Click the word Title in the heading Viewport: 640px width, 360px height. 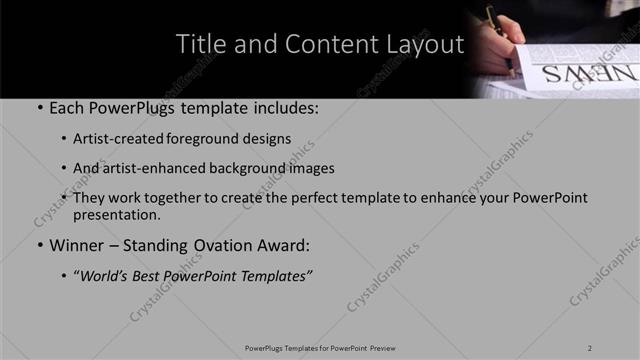[200, 45]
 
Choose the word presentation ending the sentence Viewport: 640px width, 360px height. [116, 214]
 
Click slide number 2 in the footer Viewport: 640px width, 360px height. [590, 347]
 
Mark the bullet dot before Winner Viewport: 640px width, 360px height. [39, 246]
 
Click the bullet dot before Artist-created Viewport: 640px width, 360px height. [64, 140]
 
